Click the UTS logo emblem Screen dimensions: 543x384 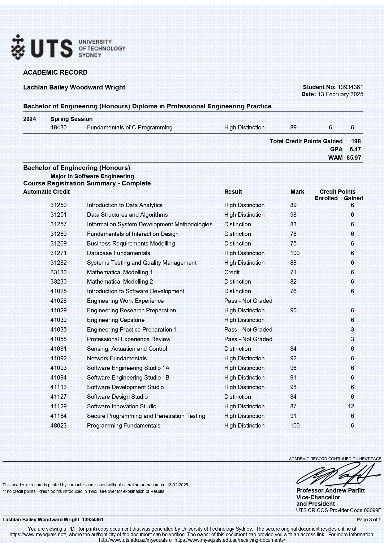tap(18, 47)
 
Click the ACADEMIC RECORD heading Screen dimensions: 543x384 tap(55, 72)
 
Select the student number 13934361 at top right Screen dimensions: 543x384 tap(350, 87)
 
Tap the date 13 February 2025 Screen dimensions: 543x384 tap(340, 94)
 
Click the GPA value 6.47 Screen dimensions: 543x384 tap(355, 150)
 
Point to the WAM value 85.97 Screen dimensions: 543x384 tap(354, 158)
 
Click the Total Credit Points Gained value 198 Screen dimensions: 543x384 tap(356, 141)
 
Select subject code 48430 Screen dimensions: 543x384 tap(58, 128)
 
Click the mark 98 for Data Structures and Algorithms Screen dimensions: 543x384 tap(293, 215)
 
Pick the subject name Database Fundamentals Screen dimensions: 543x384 tap(119, 253)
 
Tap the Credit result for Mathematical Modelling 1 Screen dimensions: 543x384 tap(232, 272)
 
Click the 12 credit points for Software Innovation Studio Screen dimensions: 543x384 tap(351, 406)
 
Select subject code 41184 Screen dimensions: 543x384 tap(58, 416)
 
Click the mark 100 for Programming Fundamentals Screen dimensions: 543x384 tap(295, 426)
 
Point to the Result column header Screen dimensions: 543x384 tap(233, 192)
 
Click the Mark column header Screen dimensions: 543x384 tap(297, 192)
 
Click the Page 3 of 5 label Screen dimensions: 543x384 tap(369, 520)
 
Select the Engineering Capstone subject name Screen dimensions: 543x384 tap(116, 320)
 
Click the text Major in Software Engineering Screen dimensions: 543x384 tap(92, 176)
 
